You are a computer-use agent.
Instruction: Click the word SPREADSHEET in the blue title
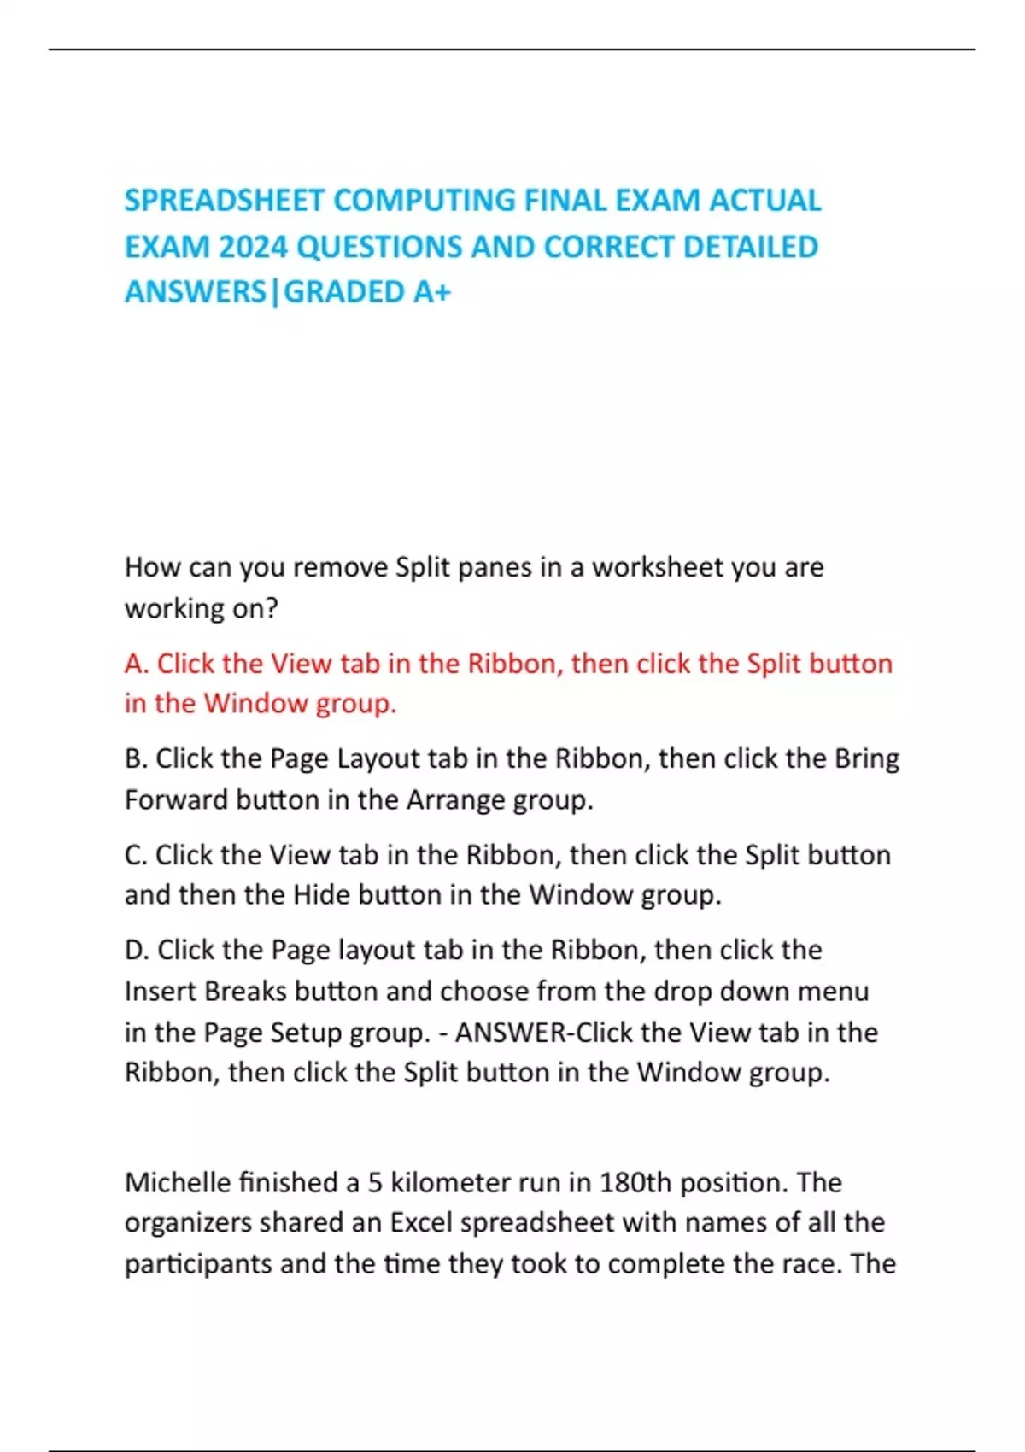224,201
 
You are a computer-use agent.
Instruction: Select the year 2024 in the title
252,247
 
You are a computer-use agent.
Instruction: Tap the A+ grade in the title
431,292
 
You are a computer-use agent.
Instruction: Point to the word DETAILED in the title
751,247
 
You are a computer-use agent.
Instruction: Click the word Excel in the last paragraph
420,1223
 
